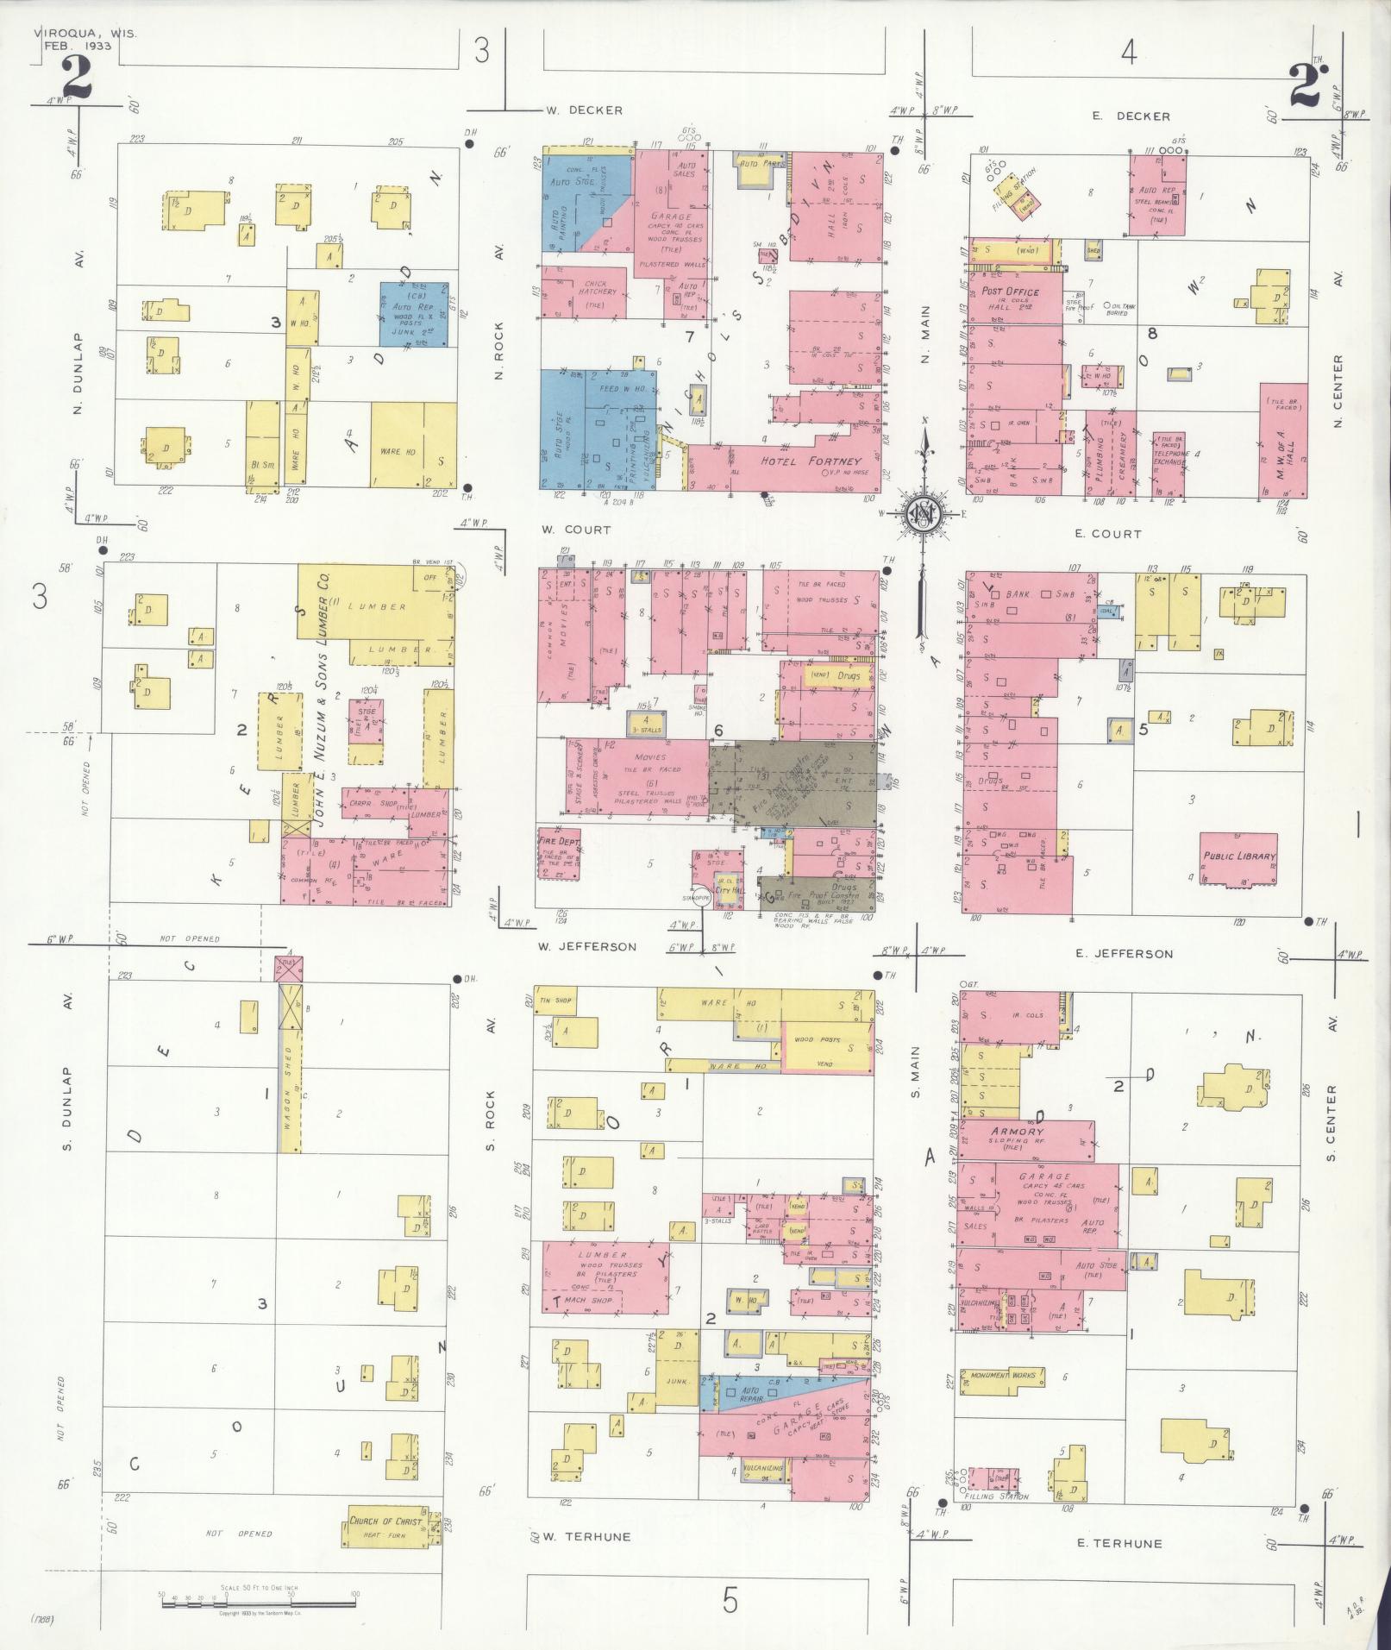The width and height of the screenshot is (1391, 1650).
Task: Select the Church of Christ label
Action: click(x=385, y=1521)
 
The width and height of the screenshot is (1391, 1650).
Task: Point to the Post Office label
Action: click(x=1010, y=292)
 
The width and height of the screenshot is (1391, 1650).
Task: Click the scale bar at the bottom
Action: click(x=258, y=1602)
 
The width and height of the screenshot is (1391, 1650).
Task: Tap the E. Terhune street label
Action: click(x=1120, y=1543)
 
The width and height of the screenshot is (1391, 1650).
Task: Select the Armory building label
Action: click(x=1018, y=1131)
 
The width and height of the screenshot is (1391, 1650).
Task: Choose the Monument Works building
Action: click(x=1000, y=1375)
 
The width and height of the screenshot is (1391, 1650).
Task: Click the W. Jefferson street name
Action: click(x=586, y=947)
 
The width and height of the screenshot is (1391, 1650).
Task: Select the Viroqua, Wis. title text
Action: click(x=85, y=34)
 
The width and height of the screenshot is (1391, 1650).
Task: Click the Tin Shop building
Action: click(x=556, y=1001)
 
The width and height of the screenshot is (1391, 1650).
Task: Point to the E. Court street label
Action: click(x=1107, y=534)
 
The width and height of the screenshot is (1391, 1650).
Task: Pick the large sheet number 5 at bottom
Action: click(x=730, y=1601)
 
